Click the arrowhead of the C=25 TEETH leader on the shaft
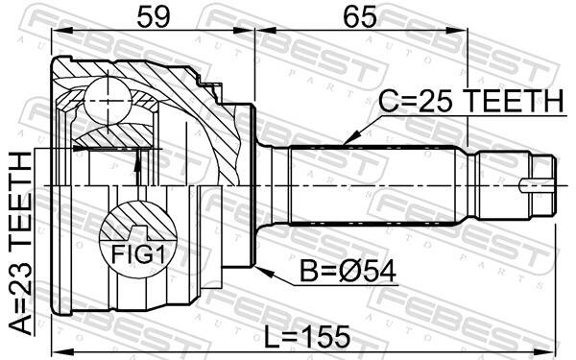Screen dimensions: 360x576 pyautogui.click(x=345, y=142)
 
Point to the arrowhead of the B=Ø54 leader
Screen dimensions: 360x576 pyautogui.click(x=256, y=268)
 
